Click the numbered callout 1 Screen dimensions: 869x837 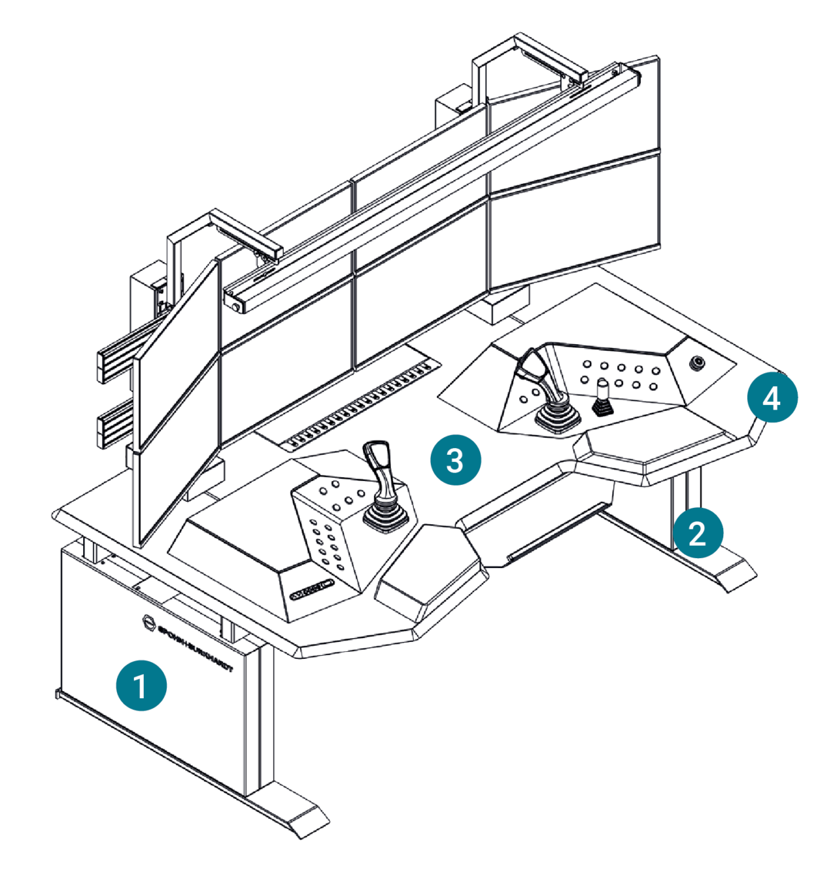[x=141, y=686]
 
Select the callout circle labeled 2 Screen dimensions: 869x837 [x=698, y=533]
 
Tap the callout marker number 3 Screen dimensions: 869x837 [x=455, y=460]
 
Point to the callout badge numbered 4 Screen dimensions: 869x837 [x=772, y=397]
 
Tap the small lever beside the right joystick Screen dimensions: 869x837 [x=602, y=397]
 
